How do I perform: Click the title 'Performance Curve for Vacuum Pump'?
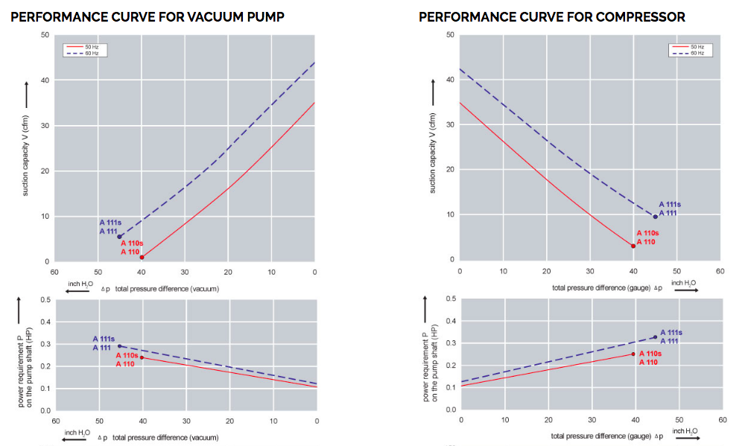pos(147,16)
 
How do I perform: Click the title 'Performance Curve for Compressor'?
pos(552,16)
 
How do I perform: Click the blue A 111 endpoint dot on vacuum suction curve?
pos(119,237)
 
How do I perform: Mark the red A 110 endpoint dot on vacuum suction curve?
pos(142,257)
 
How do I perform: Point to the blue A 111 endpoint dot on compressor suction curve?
pos(656,217)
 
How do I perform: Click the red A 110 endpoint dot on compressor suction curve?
pos(633,246)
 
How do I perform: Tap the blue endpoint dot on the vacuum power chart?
pos(119,345)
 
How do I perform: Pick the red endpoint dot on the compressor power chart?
pos(633,354)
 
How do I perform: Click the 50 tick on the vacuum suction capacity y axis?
pos(45,36)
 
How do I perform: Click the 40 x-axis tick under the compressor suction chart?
pos(633,271)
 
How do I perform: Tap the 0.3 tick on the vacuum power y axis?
pos(45,345)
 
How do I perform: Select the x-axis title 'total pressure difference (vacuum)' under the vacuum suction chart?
pos(165,288)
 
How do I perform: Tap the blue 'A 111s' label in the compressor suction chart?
pos(671,204)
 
